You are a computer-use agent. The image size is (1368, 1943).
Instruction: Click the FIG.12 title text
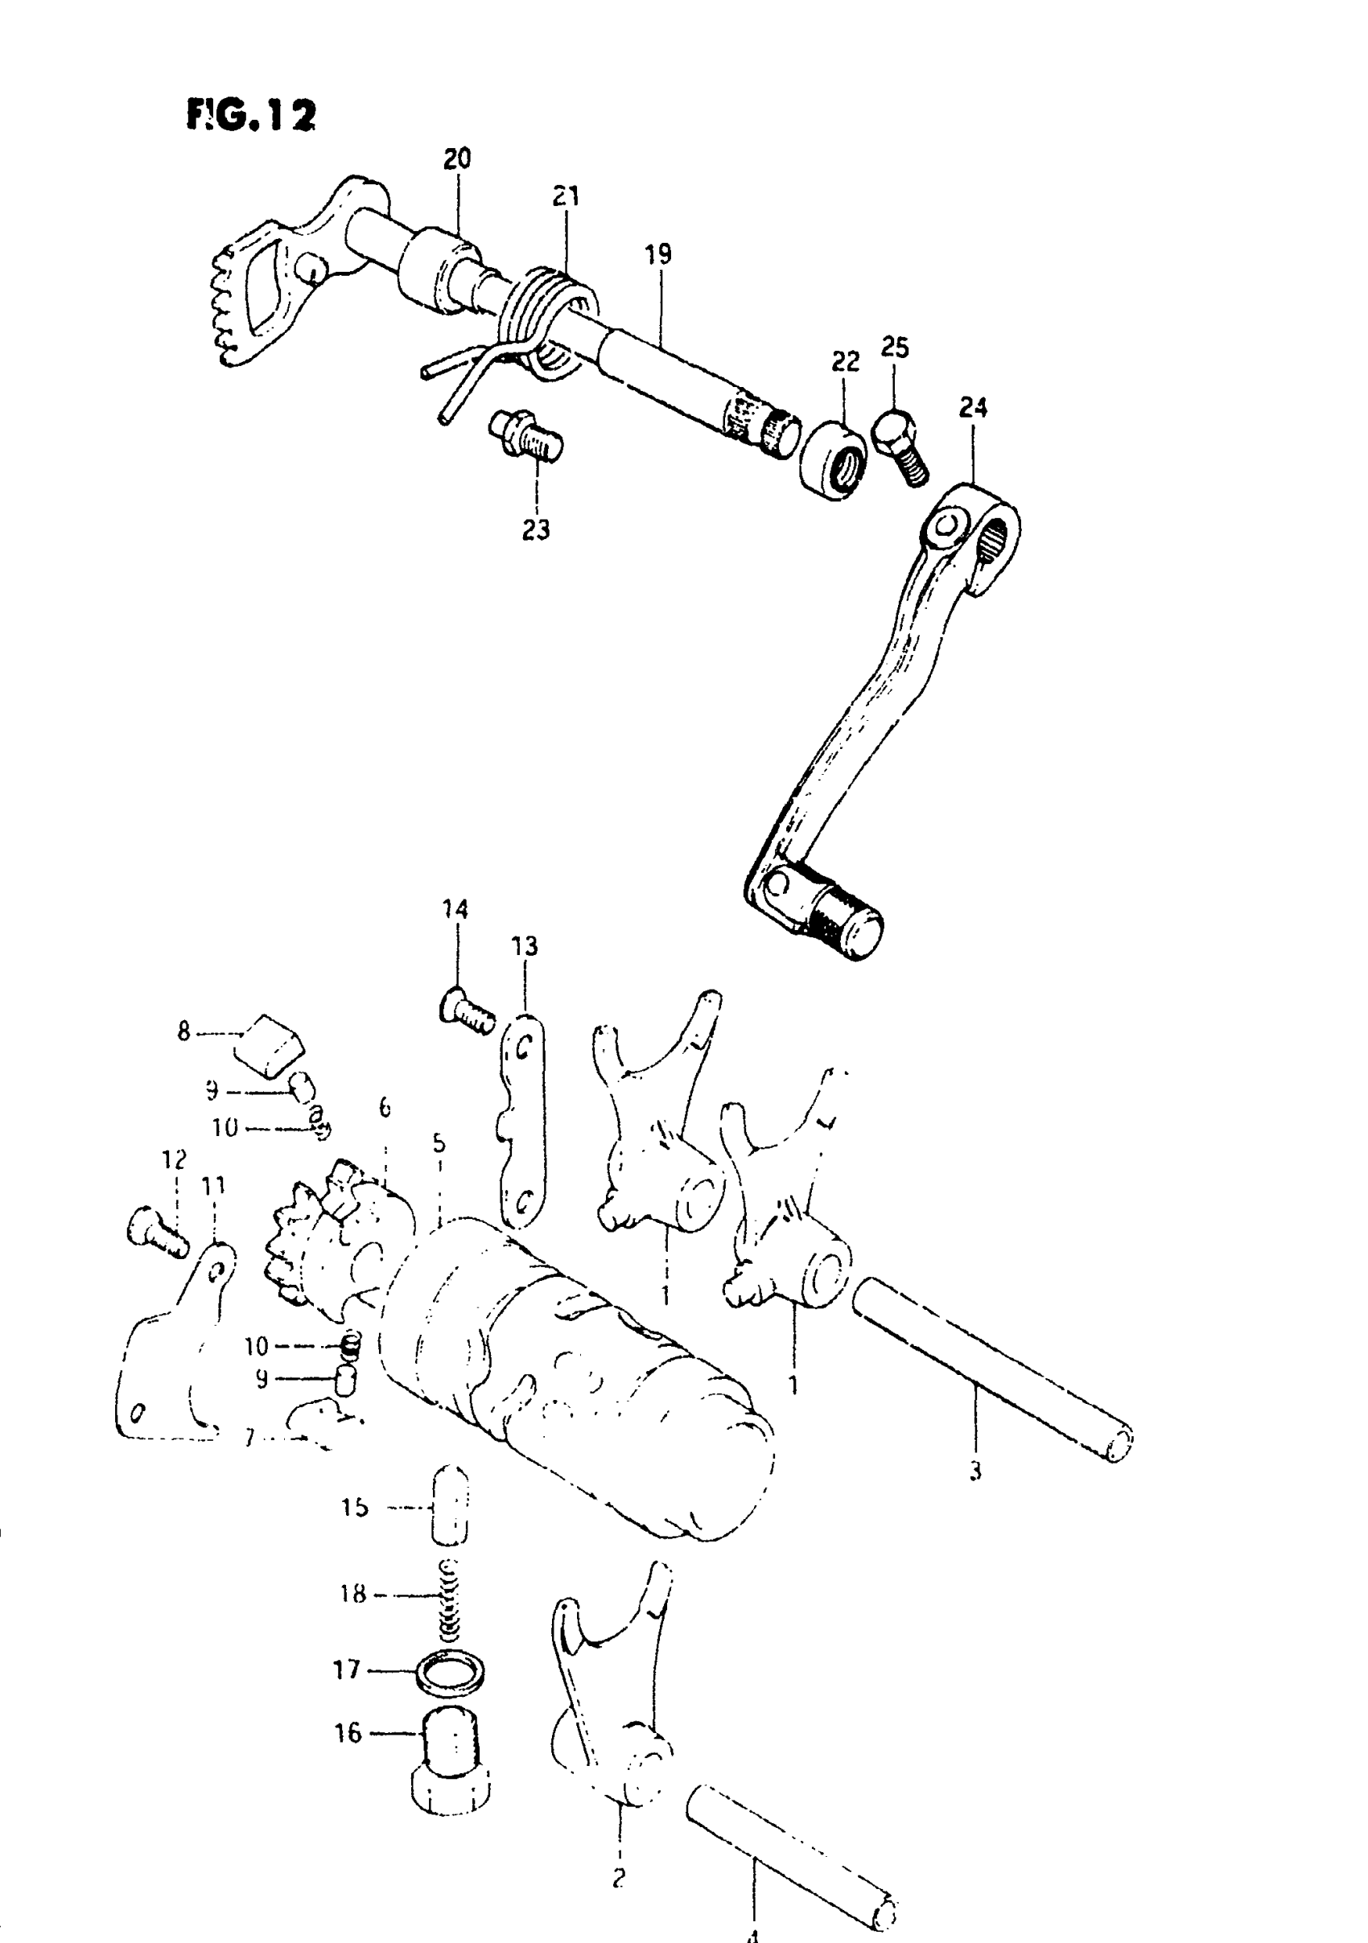coord(250,115)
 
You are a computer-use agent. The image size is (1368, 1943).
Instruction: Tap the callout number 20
coord(457,159)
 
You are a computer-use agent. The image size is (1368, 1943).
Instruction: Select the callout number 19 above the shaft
coord(657,254)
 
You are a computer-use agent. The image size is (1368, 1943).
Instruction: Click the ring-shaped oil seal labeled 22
coord(833,459)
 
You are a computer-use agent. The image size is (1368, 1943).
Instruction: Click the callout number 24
coord(973,408)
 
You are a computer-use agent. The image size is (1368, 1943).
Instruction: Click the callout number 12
coord(175,1159)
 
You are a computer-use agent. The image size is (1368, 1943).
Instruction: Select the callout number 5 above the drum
coord(439,1144)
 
